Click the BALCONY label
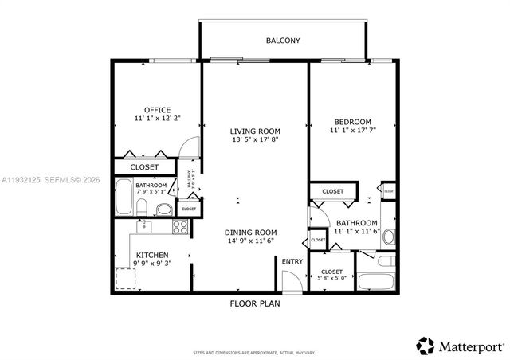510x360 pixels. click(x=283, y=40)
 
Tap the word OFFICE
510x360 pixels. click(x=157, y=110)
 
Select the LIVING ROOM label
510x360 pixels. click(x=255, y=131)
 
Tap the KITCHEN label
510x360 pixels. click(x=151, y=256)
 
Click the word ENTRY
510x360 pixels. click(x=292, y=261)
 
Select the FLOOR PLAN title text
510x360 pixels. click(x=254, y=303)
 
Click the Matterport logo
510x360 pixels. click(x=460, y=346)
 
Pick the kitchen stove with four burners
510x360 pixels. click(x=180, y=226)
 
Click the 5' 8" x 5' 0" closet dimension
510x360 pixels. click(x=331, y=278)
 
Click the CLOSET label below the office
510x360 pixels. click(x=143, y=167)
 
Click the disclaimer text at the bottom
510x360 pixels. click(x=254, y=352)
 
